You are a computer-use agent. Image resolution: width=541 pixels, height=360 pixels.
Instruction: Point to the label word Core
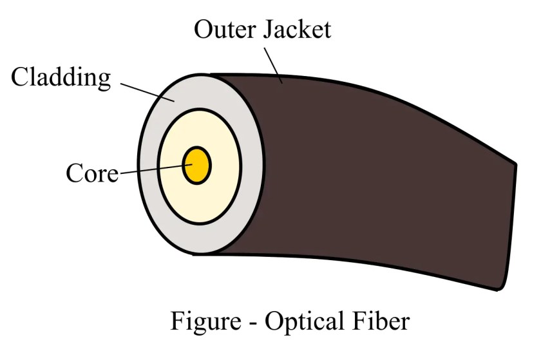pyautogui.click(x=92, y=173)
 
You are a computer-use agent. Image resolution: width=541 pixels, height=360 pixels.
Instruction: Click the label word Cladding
pyautogui.click(x=61, y=78)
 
